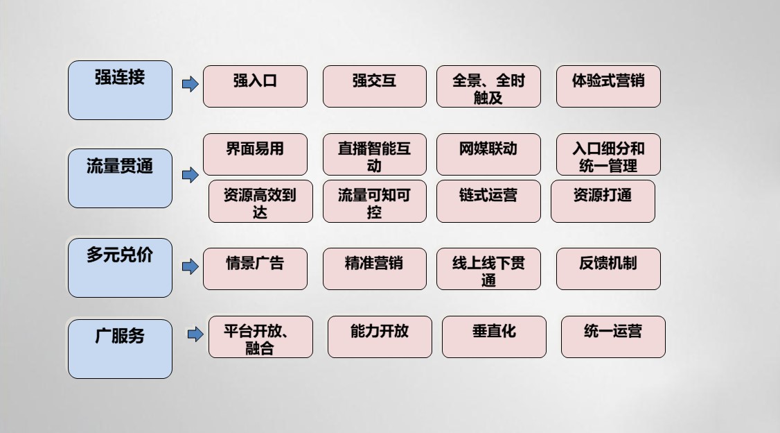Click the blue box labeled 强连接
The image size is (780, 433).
120,90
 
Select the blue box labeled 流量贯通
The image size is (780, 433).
120,178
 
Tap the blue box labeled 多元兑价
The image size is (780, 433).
120,268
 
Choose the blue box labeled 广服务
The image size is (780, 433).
120,349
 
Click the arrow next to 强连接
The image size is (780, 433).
190,84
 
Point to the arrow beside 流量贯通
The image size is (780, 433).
190,175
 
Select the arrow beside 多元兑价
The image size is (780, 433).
190,266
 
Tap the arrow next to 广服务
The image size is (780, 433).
195,334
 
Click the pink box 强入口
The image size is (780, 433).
255,86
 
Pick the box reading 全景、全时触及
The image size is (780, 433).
488,86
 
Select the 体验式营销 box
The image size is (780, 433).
608,86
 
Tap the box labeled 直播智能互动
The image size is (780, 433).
375,155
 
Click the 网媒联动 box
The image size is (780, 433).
488,155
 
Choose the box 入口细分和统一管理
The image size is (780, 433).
608,155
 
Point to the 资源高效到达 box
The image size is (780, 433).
260,201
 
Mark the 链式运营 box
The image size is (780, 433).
488,201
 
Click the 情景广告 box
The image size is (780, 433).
255,269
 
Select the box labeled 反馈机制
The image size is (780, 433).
608,269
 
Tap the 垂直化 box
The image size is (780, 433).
494,337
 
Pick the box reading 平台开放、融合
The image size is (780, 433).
260,337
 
